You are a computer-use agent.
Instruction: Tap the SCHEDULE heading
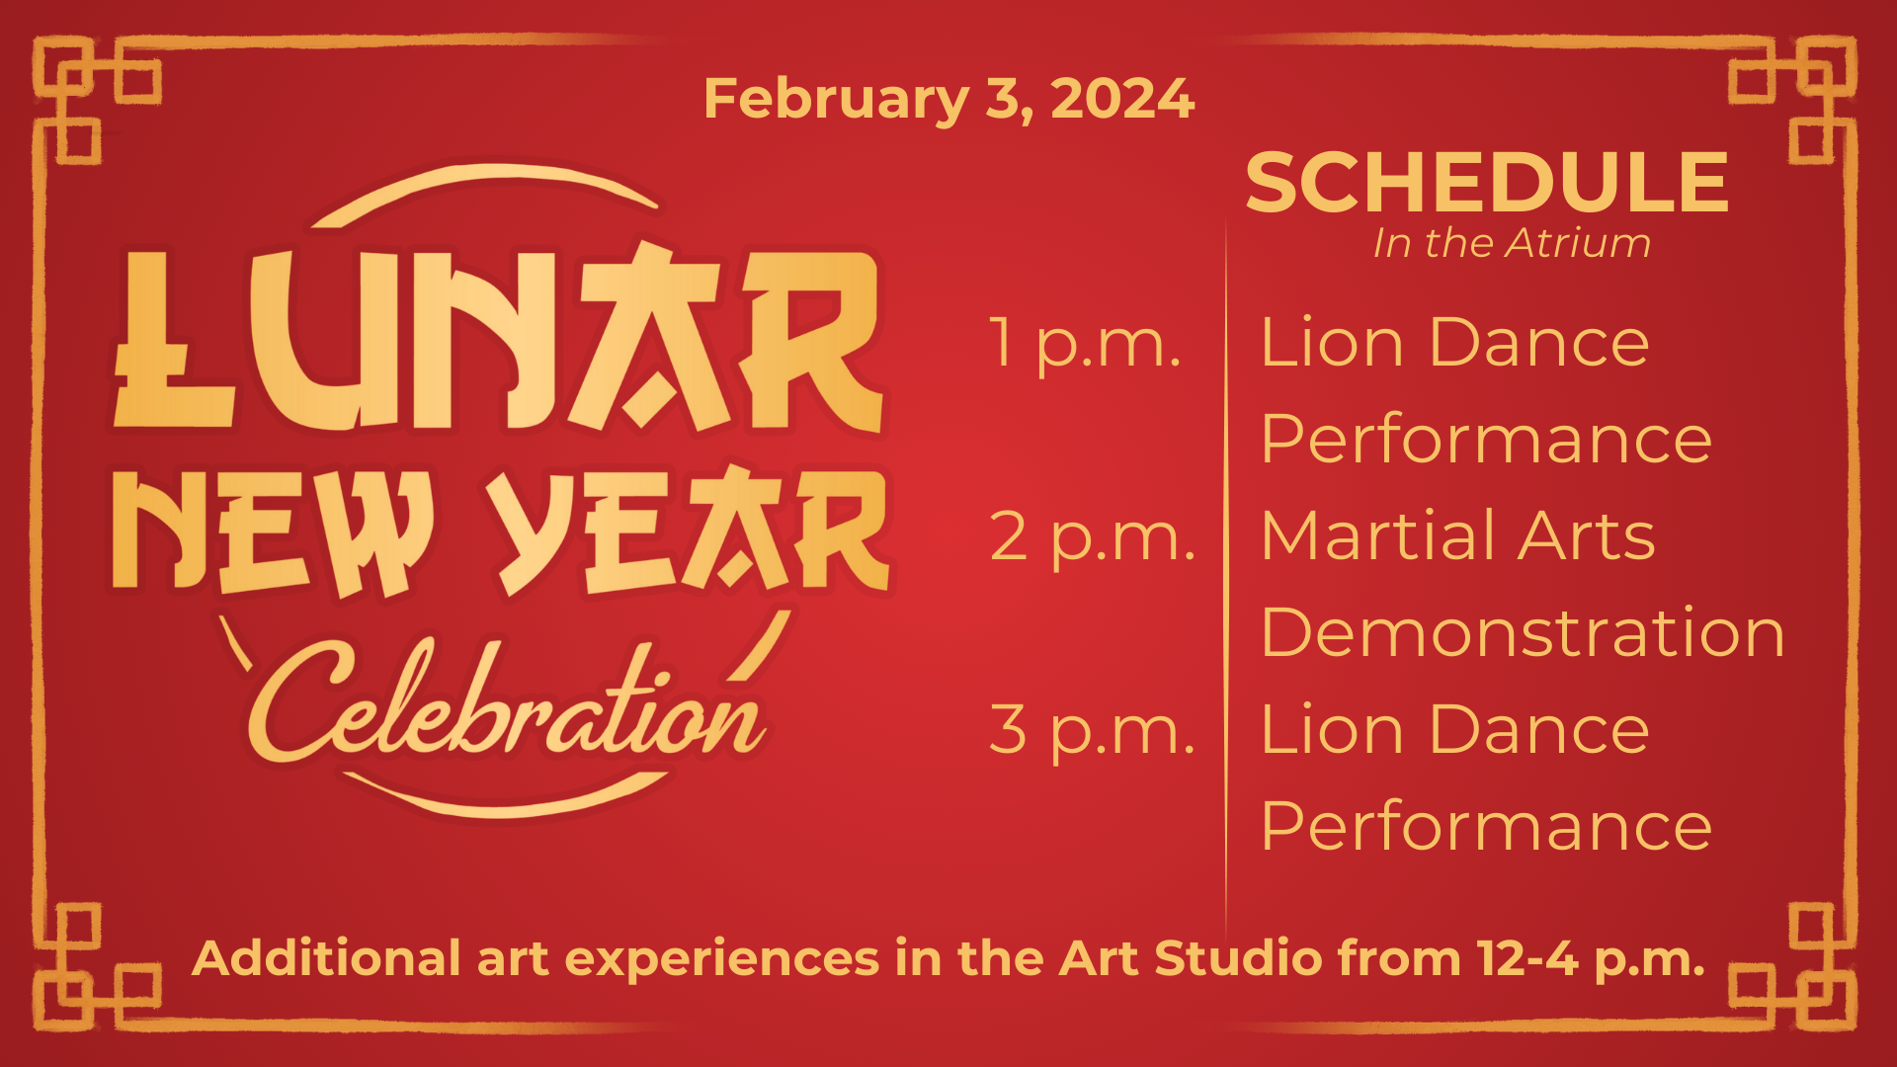[1487, 183]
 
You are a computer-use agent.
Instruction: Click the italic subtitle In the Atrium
[1512, 243]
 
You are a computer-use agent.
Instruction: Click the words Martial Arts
[1457, 535]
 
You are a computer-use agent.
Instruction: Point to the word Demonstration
[1523, 632]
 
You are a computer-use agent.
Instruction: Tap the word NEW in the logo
[272, 533]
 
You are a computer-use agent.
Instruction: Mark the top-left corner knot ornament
[97, 100]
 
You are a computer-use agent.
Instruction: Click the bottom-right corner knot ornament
[1793, 967]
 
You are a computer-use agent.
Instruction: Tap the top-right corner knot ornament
[1793, 100]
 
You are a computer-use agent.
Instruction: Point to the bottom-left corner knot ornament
[97, 967]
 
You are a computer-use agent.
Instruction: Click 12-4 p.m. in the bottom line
[1592, 959]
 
